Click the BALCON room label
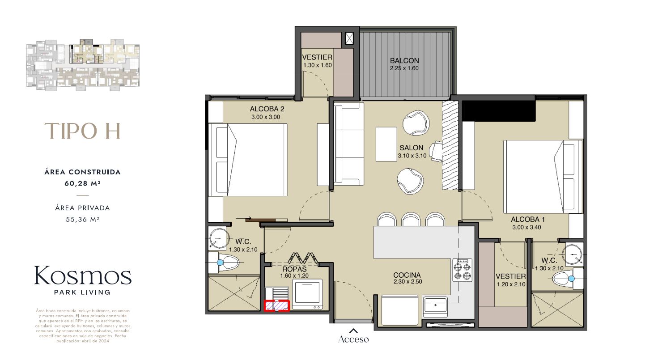pos(404,61)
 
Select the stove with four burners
pos(462,270)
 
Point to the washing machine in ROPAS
pos(307,294)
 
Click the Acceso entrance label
pos(353,339)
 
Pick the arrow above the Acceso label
pos(353,331)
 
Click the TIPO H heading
pos(82,131)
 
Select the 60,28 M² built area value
pos(82,182)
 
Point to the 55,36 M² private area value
pos(82,219)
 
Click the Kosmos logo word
pos(82,276)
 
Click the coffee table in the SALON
pos(386,144)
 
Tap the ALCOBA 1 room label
pos(528,220)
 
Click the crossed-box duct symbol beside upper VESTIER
pos(349,38)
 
